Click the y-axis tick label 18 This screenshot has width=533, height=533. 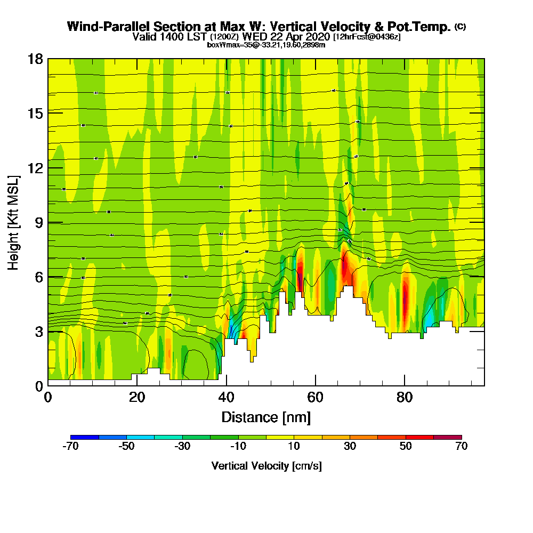35,59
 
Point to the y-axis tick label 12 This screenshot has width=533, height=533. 35,167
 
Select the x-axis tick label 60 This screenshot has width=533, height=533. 316,398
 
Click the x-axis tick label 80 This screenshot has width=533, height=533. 405,398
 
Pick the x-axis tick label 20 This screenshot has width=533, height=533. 137,398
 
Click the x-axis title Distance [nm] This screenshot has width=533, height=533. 266,416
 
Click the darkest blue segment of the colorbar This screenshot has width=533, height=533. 85,437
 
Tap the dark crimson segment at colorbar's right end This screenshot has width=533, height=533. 448,437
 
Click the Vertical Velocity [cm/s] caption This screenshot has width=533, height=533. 266,466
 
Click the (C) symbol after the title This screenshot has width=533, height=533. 460,27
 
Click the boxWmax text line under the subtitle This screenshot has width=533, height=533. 266,45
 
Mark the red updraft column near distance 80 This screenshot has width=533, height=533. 405,298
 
